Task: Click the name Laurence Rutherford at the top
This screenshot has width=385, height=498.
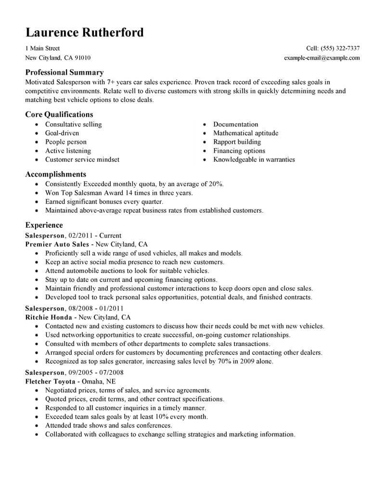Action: coord(84,32)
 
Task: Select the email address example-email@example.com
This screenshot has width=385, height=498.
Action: coord(322,58)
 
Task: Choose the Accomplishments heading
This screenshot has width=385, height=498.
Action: coord(55,174)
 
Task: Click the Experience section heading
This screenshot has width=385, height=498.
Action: coord(44,225)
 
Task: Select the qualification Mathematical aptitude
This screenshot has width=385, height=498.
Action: coord(245,133)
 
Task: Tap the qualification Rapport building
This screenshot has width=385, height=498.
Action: coord(237,142)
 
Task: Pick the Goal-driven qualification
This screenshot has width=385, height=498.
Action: coord(62,133)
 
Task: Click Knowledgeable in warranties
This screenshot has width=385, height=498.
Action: coord(254,160)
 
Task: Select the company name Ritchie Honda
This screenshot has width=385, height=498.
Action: coord(49,318)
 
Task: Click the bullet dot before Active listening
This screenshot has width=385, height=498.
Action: coord(38,151)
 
